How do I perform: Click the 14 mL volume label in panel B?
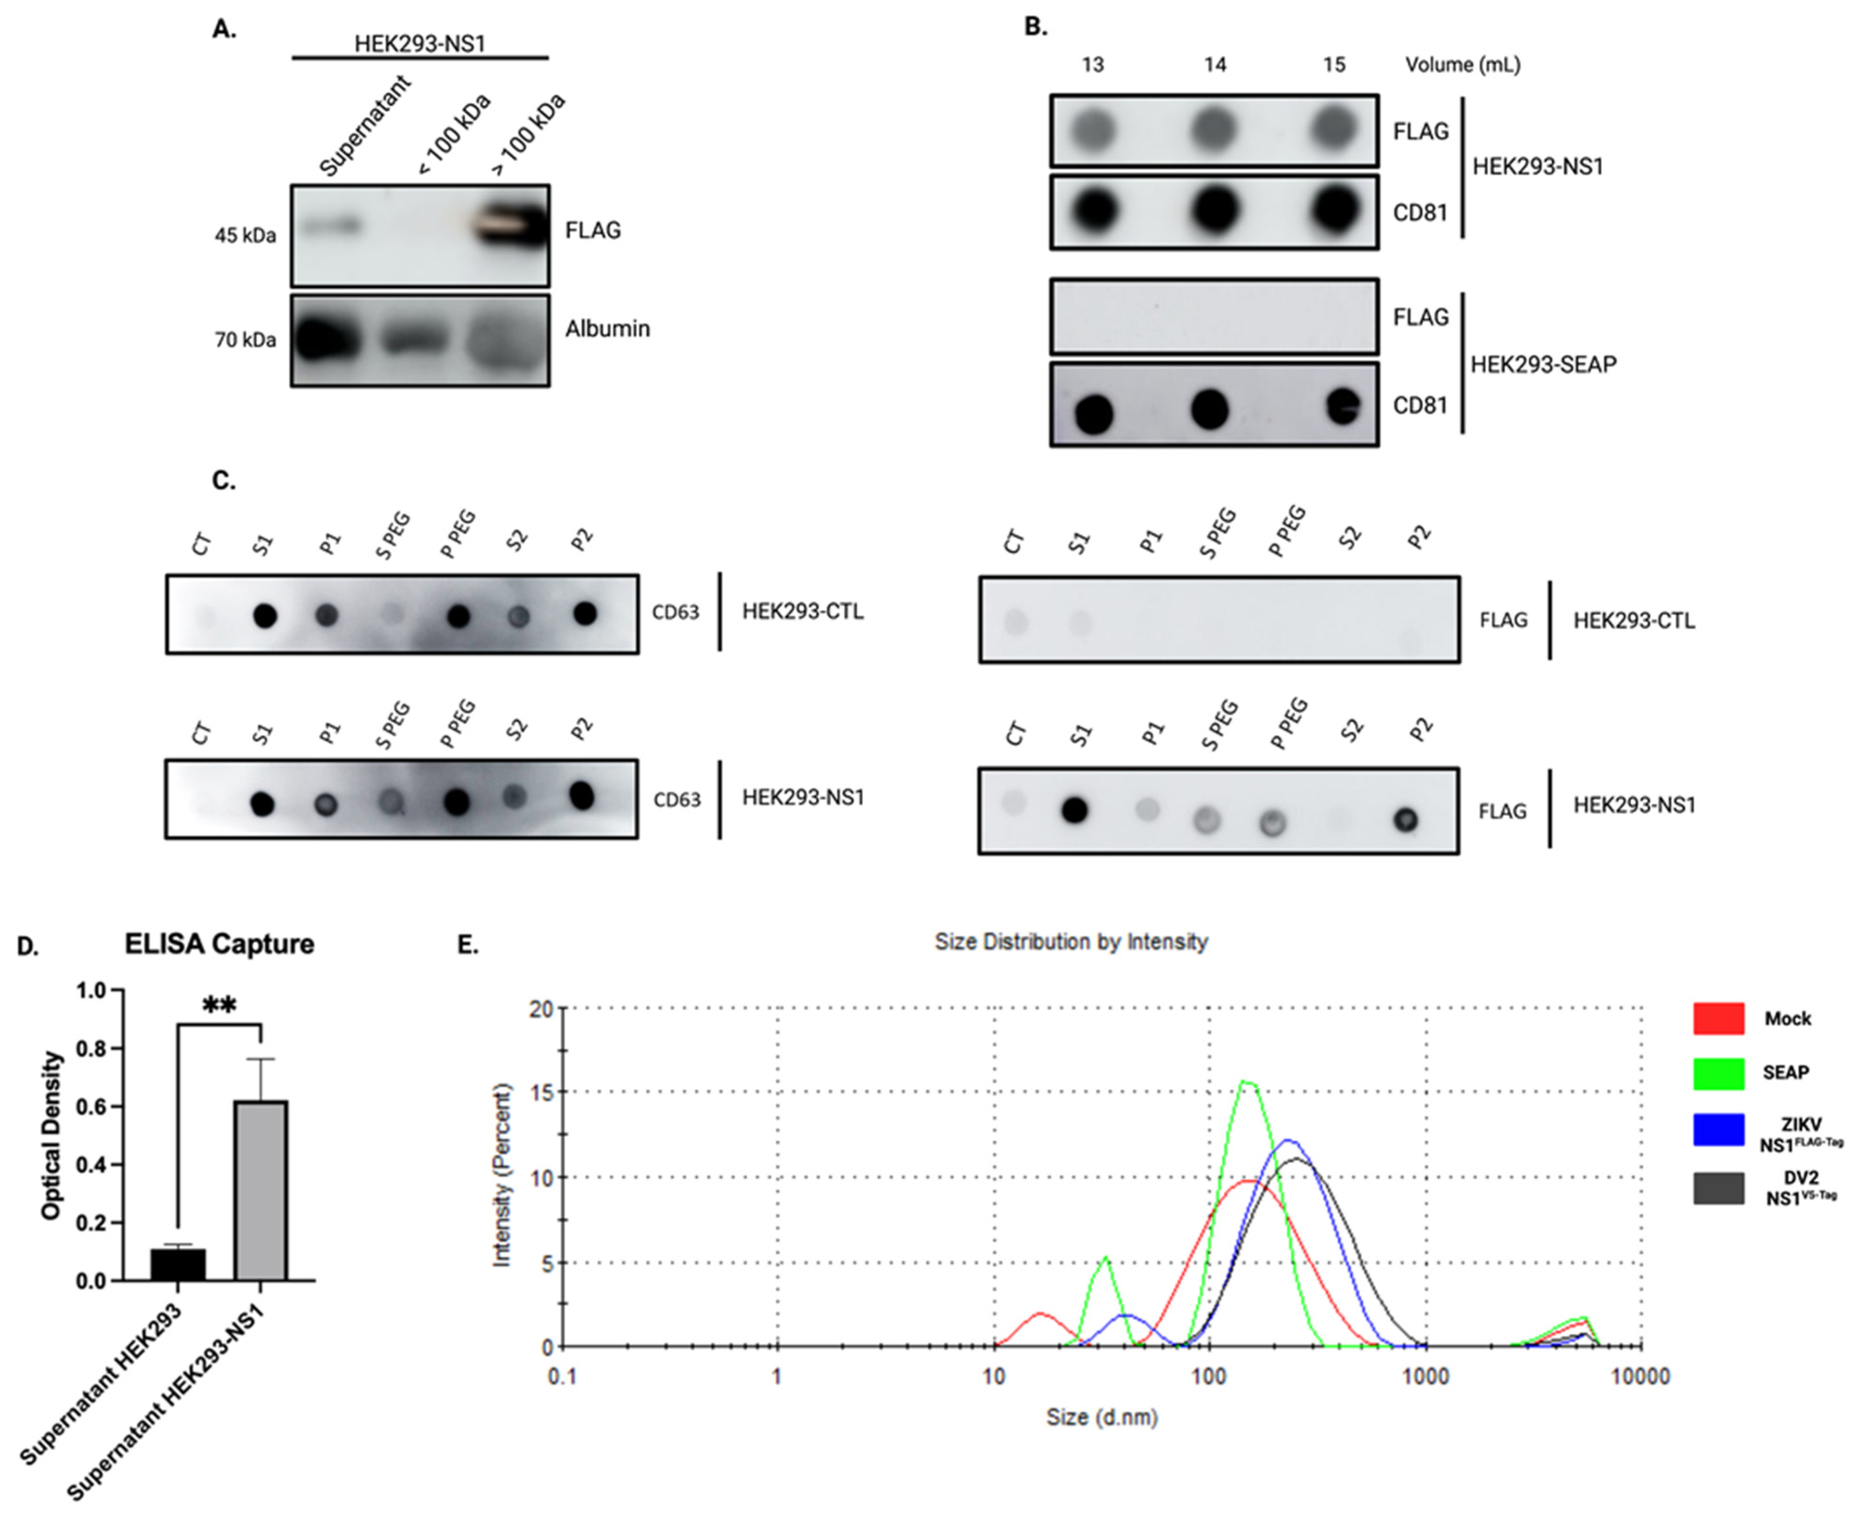point(1214,65)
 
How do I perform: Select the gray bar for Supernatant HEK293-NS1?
point(261,1190)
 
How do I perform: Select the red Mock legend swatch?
point(1718,1018)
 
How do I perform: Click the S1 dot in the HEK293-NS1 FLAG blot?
point(1075,811)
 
